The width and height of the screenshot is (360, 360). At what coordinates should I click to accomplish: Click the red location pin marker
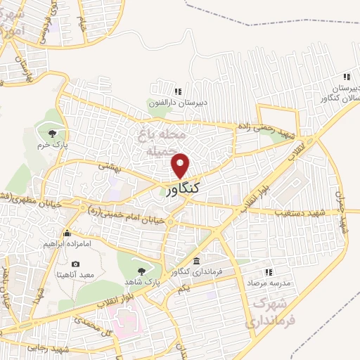coord(181,165)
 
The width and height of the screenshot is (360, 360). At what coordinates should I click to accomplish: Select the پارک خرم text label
coord(51,145)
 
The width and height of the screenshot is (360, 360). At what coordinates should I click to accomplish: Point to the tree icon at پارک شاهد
coord(142,270)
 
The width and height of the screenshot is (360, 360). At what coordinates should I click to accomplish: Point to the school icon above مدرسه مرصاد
coord(268,272)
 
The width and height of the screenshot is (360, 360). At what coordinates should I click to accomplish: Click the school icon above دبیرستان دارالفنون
coord(177,91)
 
